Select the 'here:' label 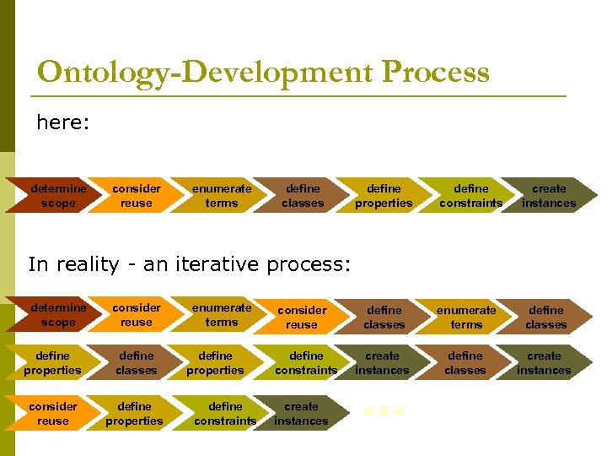click(62, 123)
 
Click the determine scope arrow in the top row click(55, 196)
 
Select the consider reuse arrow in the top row click(136, 196)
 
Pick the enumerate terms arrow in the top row click(221, 196)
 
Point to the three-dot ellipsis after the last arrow click(384, 411)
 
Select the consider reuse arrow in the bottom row click(52, 413)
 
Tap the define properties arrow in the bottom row click(134, 413)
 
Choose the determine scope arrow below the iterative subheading click(55, 315)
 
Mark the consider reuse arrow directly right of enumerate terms click(301, 318)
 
